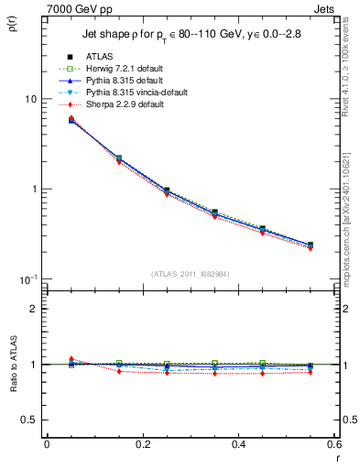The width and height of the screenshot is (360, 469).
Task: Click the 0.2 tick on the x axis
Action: (142, 444)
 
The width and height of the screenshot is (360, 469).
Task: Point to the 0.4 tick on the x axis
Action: (238, 444)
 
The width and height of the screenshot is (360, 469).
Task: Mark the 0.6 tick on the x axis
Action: (333, 444)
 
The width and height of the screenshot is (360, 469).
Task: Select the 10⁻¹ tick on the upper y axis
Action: (27, 278)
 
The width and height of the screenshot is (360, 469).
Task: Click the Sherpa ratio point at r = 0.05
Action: (46, 359)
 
